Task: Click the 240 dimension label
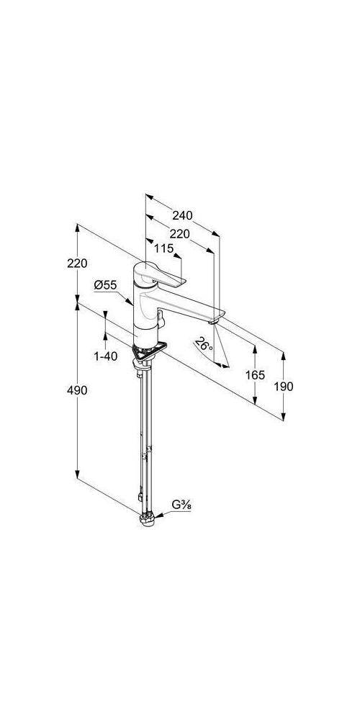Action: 182,215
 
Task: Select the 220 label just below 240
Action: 179,234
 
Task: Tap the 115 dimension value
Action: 164,248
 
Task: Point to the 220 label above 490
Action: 77,263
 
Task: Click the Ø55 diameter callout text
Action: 106,284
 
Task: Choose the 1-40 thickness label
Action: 106,356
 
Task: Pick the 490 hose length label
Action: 77,390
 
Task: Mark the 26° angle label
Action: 204,344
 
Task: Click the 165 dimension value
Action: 256,375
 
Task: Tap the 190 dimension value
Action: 283,387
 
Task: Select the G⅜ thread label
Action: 181,505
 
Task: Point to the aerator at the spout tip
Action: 212,322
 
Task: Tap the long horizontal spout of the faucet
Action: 184,306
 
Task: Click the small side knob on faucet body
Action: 161,317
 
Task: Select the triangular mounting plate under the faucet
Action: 148,351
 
